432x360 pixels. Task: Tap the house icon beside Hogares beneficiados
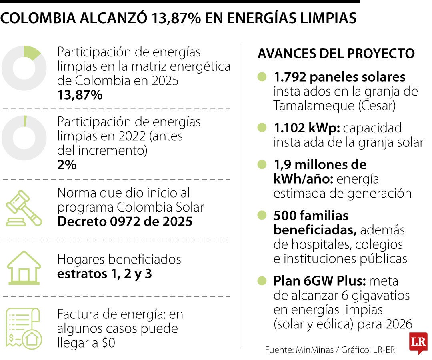[24, 267]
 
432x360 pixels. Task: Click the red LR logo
[418, 342]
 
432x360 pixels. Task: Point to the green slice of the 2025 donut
[32, 52]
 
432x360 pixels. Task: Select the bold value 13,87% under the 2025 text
[80, 95]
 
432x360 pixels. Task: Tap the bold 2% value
[67, 164]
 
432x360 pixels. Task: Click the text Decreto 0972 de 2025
[125, 221]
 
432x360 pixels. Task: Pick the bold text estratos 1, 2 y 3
[104, 274]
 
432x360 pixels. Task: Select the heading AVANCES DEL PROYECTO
[336, 54]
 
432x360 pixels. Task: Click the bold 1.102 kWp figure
[306, 128]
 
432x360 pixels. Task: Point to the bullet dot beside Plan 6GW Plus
[262, 281]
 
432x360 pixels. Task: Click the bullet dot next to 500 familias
[262, 216]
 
